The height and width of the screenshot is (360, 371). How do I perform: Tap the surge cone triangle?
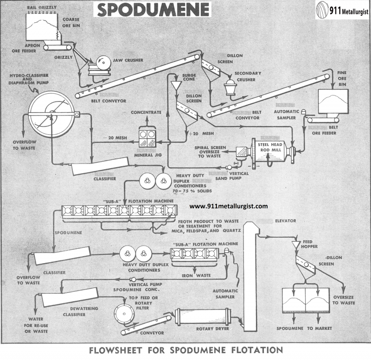coord(176,86)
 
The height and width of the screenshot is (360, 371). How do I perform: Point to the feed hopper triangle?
coord(295,244)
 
